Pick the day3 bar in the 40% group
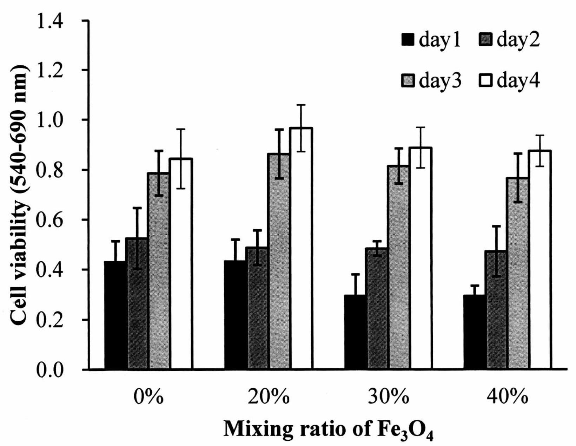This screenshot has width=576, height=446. (517, 274)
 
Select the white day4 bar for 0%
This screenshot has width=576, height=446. (181, 263)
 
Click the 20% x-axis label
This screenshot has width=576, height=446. (269, 398)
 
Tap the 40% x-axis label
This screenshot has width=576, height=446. (507, 398)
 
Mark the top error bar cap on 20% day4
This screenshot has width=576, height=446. (301, 105)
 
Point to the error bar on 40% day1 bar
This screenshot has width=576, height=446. (475, 290)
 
